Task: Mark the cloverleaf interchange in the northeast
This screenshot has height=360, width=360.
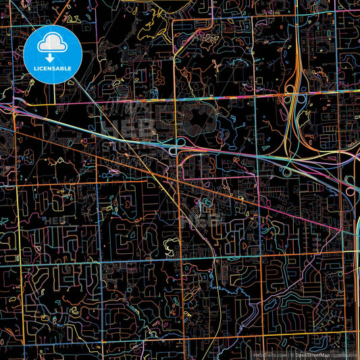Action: (294, 101)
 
